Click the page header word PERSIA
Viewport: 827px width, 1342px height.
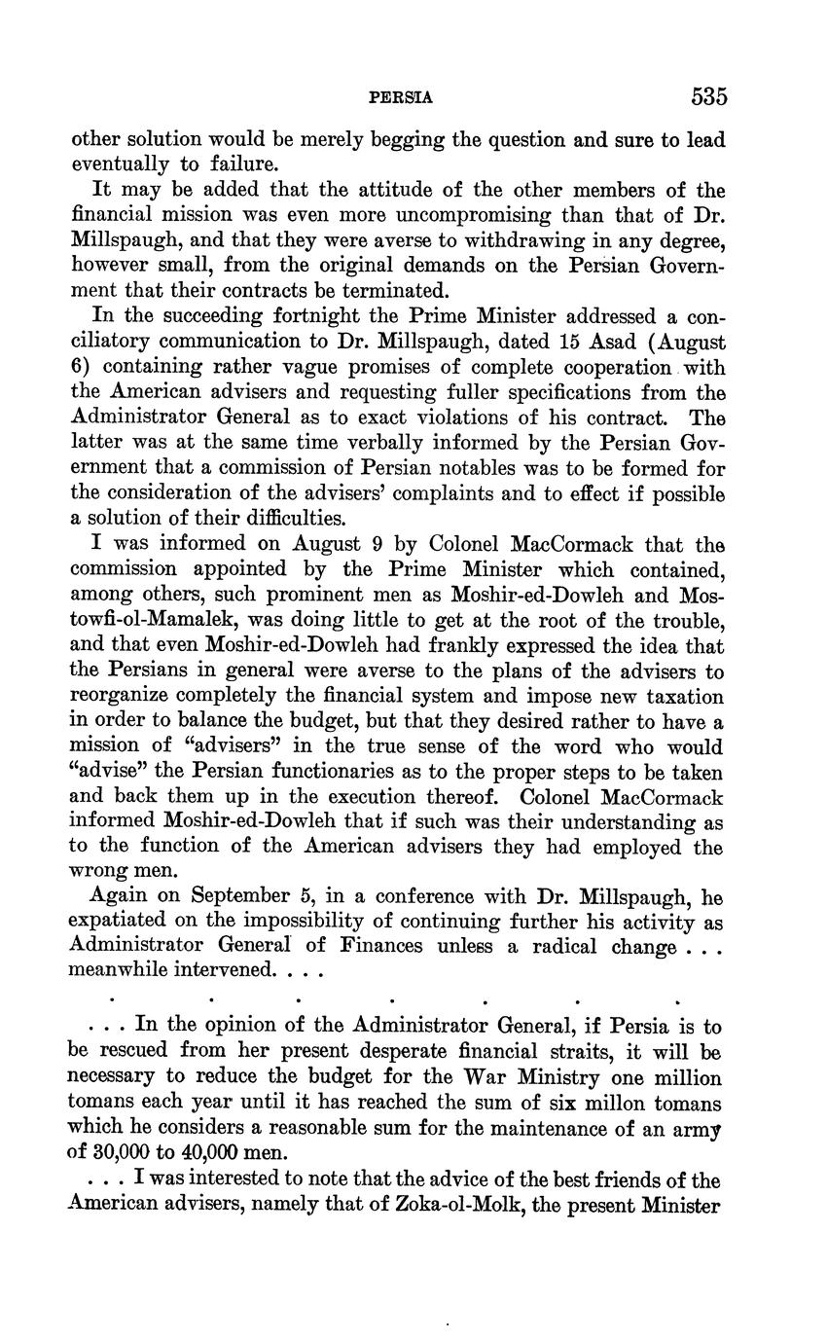(x=402, y=98)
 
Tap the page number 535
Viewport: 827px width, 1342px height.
(x=709, y=96)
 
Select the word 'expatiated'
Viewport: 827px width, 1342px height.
(x=118, y=922)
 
